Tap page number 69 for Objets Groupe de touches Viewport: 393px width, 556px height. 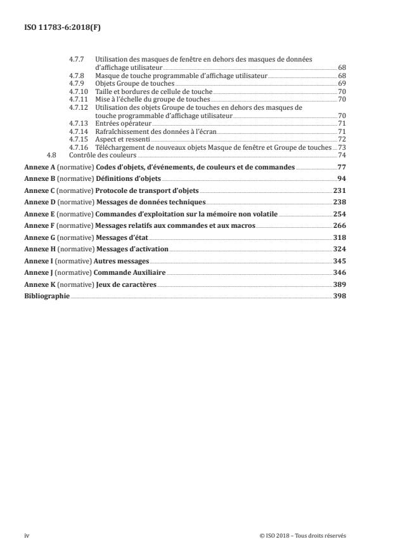pyautogui.click(x=342, y=83)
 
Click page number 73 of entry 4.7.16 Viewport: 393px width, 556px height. pyautogui.click(x=342, y=147)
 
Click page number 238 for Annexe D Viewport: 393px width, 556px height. pyautogui.click(x=339, y=202)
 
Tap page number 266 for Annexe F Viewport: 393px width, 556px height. pyautogui.click(x=339, y=225)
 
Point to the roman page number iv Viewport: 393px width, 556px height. pyautogui.click(x=27, y=536)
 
